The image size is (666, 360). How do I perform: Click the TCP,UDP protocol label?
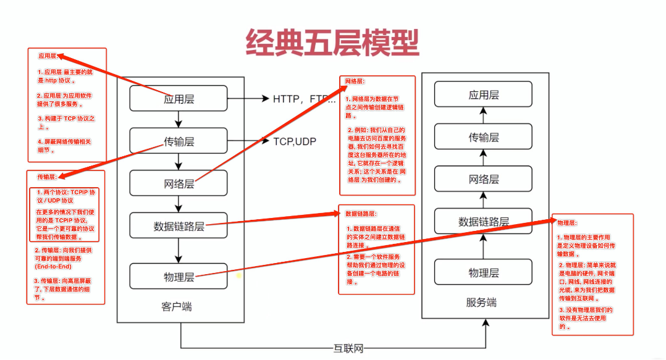(295, 141)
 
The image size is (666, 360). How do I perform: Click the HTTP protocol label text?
(290, 99)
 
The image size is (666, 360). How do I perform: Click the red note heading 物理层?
(567, 222)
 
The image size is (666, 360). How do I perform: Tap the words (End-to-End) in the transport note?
(54, 266)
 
